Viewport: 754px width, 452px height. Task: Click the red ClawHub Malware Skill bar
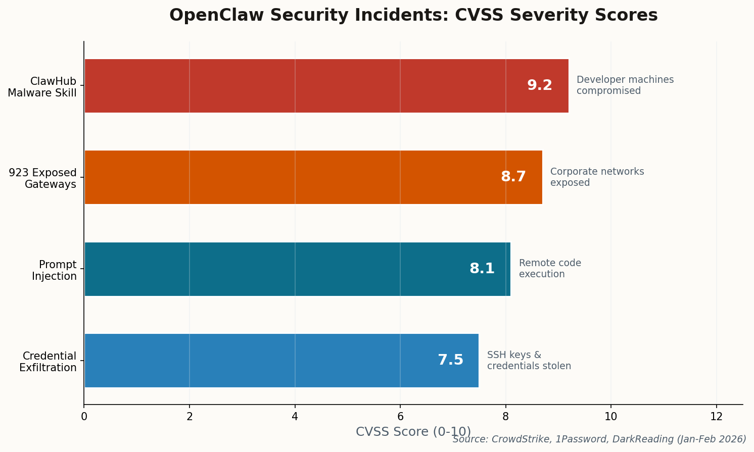pyautogui.click(x=303, y=86)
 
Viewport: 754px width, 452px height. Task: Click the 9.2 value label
pyautogui.click(x=540, y=85)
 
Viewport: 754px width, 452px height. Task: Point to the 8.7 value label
pyautogui.click(x=513, y=177)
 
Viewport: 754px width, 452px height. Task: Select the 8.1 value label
pyautogui.click(x=482, y=269)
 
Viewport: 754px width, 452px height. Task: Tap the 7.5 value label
pyautogui.click(x=450, y=360)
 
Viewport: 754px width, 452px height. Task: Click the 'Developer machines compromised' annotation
pyautogui.click(x=625, y=85)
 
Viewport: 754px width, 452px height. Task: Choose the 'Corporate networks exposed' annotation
pyautogui.click(x=597, y=177)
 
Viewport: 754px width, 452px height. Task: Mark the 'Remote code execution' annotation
pyautogui.click(x=550, y=269)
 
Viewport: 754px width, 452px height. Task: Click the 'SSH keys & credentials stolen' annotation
pyautogui.click(x=529, y=361)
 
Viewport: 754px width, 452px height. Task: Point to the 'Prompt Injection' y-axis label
pyautogui.click(x=54, y=270)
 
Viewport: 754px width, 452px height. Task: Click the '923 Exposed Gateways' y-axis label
pyautogui.click(x=43, y=178)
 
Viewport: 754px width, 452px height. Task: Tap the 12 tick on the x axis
pyautogui.click(x=716, y=417)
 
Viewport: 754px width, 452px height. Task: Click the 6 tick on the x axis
pyautogui.click(x=400, y=417)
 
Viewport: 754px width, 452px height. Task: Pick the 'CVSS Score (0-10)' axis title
pyautogui.click(x=413, y=432)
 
